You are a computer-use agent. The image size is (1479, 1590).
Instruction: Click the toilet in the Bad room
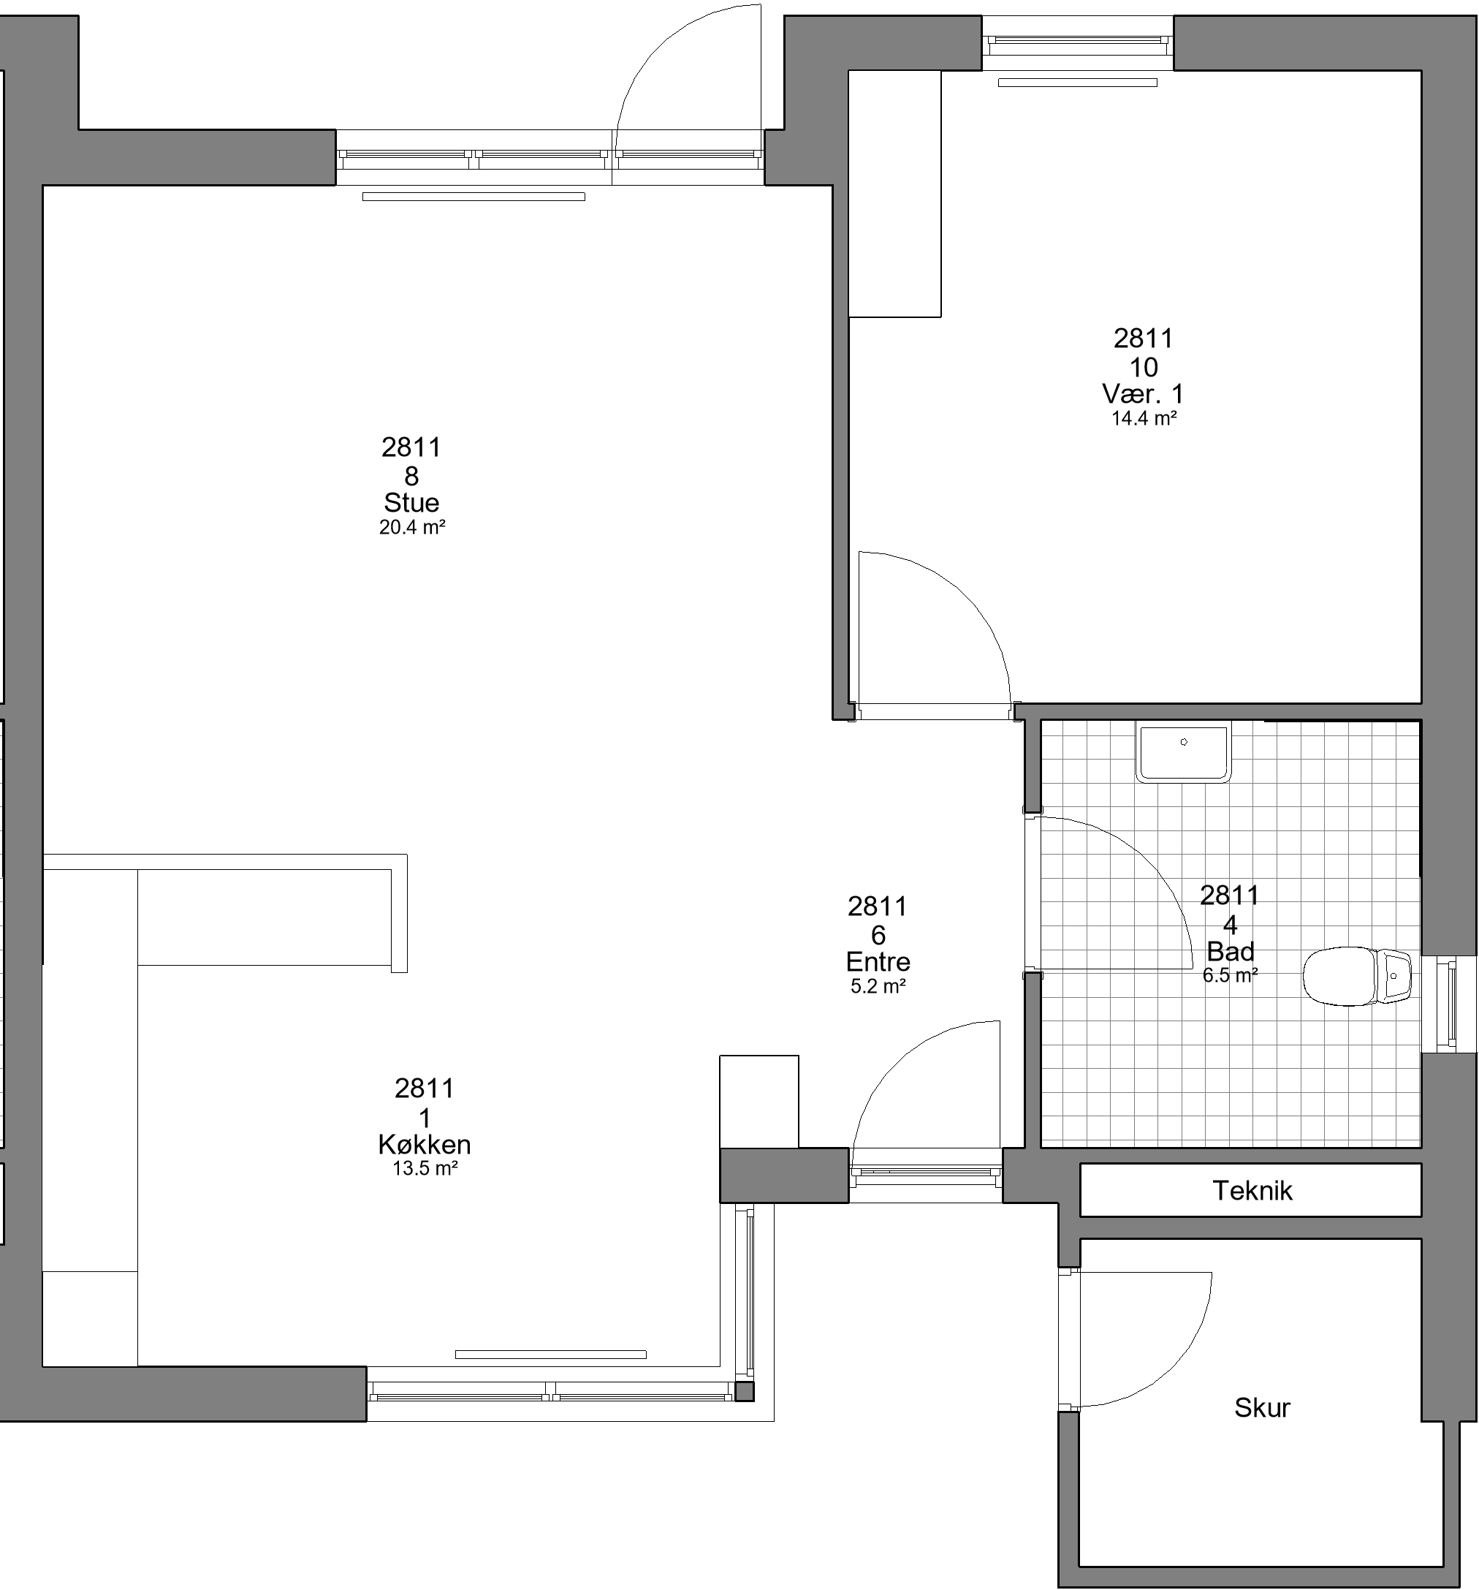pos(1357,976)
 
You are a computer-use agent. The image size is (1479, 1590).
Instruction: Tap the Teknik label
pos(1252,1191)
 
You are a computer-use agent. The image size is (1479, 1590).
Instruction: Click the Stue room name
pos(411,502)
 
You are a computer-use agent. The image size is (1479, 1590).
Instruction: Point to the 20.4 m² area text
pos(411,527)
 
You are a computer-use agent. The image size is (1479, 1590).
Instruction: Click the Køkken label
pos(425,1145)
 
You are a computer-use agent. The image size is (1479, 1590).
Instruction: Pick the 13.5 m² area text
pos(425,1168)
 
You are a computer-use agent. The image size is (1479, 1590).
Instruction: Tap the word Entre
pos(878,961)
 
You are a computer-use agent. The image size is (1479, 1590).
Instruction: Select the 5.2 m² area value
pos(878,986)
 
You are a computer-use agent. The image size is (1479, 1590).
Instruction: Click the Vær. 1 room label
pos(1143,393)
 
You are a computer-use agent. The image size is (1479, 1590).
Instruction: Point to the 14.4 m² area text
pos(1143,417)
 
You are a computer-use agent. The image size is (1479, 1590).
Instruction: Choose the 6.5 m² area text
pos(1230,975)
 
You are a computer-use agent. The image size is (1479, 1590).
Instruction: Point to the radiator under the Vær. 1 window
pos(1077,83)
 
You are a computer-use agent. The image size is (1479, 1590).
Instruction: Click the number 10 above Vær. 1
pos(1143,367)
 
